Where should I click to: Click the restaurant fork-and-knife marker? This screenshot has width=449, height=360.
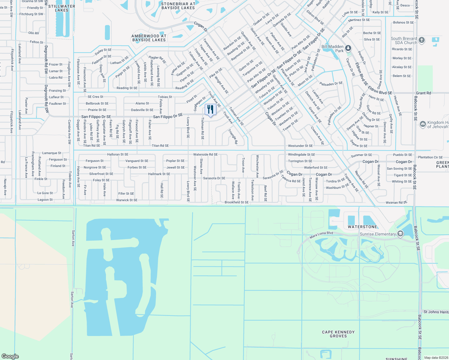click(x=210, y=109)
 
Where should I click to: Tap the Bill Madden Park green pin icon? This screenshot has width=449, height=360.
click(x=348, y=48)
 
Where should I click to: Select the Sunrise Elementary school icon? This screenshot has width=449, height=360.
click(x=400, y=234)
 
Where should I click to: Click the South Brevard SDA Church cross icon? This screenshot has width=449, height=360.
click(x=422, y=40)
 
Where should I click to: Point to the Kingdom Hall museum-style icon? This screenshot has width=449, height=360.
click(x=423, y=124)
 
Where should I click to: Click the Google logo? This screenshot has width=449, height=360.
click(x=10, y=356)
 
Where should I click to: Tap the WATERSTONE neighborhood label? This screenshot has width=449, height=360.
click(x=362, y=227)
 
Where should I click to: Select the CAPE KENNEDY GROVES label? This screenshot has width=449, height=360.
click(x=338, y=334)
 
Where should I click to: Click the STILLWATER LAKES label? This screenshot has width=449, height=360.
click(x=62, y=8)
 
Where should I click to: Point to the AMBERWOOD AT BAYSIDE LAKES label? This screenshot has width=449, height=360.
click(x=149, y=38)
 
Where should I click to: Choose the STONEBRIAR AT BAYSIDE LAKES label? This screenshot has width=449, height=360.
click(x=178, y=6)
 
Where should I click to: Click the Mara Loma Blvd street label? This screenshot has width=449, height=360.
click(x=321, y=235)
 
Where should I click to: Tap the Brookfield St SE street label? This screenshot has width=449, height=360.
click(x=237, y=202)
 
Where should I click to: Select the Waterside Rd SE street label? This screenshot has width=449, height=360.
click(x=205, y=154)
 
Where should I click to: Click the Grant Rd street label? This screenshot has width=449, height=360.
click(x=423, y=93)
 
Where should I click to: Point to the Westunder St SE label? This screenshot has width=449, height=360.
click(x=300, y=146)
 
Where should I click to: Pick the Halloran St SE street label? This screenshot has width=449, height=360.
click(x=118, y=154)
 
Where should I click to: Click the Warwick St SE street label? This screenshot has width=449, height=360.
click(x=127, y=200)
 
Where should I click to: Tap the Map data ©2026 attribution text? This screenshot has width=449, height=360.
click(x=436, y=357)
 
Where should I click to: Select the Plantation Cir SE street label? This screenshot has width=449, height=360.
click(x=430, y=157)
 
